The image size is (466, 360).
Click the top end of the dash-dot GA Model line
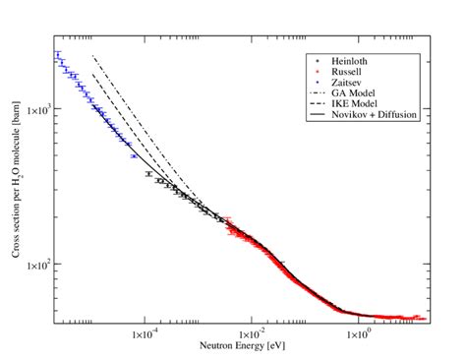[92, 56]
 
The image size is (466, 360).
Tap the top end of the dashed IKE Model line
[92, 74]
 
